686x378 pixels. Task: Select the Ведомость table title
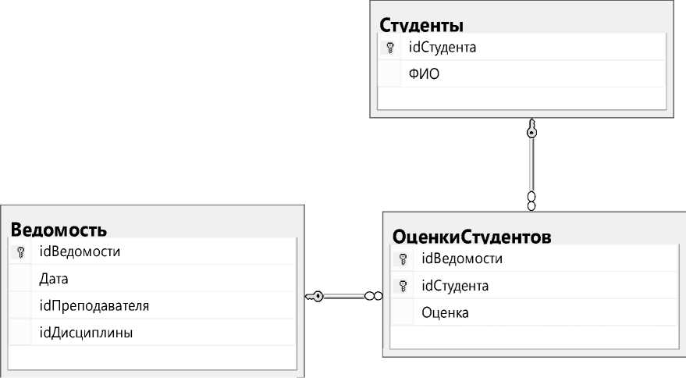tap(59, 230)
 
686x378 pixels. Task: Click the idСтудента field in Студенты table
tap(443, 48)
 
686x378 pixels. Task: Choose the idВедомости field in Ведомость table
tap(79, 252)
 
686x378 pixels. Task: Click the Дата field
tap(54, 279)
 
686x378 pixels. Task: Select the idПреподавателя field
tap(94, 305)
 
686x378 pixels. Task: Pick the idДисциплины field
tap(86, 333)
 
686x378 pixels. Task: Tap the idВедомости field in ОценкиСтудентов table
tap(460, 259)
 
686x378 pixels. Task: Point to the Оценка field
tap(445, 313)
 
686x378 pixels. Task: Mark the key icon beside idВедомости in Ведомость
tap(21, 252)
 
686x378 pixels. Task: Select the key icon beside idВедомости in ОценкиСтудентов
tap(403, 259)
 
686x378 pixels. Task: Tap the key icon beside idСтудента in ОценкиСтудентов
tap(403, 286)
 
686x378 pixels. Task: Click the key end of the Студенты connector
tap(531, 130)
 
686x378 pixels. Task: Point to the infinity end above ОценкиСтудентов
tap(531, 200)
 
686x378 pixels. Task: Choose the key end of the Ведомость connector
tap(314, 296)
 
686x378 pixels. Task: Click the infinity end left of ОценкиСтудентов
tap(373, 296)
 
